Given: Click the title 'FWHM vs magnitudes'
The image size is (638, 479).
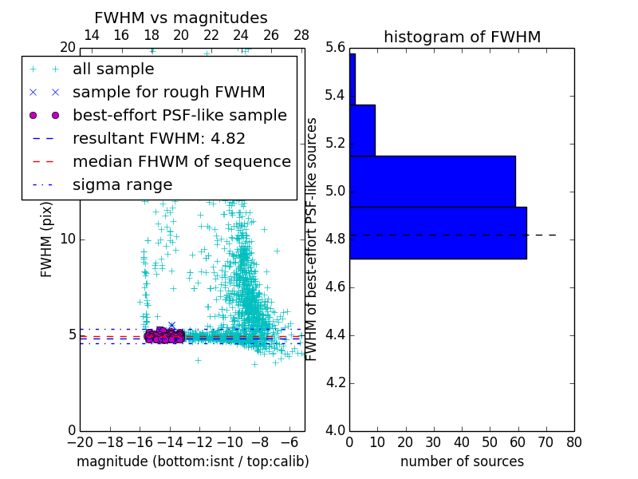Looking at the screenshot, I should pyautogui.click(x=181, y=18).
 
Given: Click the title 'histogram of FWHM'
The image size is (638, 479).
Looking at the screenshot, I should pyautogui.click(x=462, y=37).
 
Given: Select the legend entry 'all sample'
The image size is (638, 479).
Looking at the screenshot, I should pyautogui.click(x=113, y=69).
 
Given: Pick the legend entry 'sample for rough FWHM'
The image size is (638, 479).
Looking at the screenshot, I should pyautogui.click(x=168, y=92).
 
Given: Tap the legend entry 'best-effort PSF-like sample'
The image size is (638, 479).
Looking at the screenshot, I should pyautogui.click(x=179, y=115).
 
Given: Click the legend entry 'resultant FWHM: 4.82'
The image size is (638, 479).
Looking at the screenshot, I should pyautogui.click(x=159, y=138).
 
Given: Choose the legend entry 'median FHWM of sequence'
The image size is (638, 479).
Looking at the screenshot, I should pyautogui.click(x=181, y=161).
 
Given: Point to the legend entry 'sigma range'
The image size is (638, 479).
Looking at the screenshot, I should pyautogui.click(x=122, y=184).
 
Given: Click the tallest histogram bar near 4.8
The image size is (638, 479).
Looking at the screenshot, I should pyautogui.click(x=438, y=232).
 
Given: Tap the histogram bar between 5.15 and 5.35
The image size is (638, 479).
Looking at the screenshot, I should pyautogui.click(x=362, y=130).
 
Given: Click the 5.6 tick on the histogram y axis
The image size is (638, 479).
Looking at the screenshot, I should pyautogui.click(x=335, y=48).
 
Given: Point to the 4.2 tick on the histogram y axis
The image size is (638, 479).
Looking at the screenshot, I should pyautogui.click(x=335, y=382).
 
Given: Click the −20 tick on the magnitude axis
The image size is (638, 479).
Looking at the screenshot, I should pyautogui.click(x=80, y=441).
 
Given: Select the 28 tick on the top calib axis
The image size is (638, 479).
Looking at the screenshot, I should pyautogui.click(x=301, y=35).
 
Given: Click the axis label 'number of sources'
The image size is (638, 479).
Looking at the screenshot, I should pyautogui.click(x=462, y=461).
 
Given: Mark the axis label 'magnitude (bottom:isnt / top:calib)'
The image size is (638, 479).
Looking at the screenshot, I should pyautogui.click(x=192, y=461).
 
